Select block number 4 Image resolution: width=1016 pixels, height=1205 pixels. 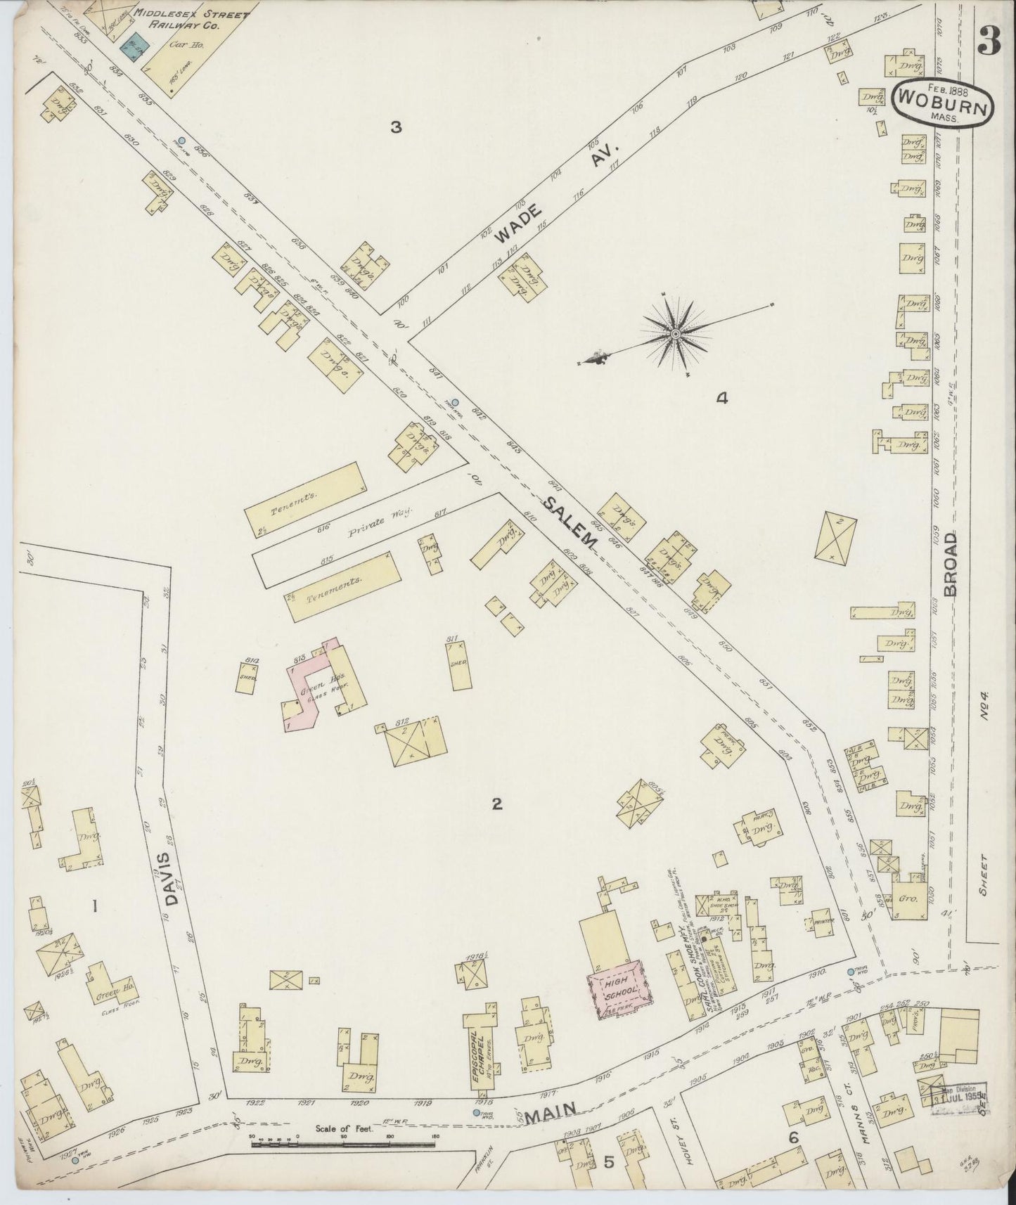pyautogui.click(x=721, y=399)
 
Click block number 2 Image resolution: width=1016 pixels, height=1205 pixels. pyautogui.click(x=496, y=805)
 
